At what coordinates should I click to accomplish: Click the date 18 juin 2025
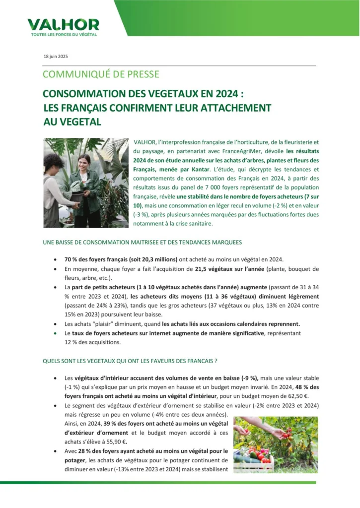pos(56,57)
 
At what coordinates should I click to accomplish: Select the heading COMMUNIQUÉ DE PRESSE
pos(101,74)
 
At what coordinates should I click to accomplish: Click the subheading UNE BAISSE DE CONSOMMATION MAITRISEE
pos(143,243)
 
